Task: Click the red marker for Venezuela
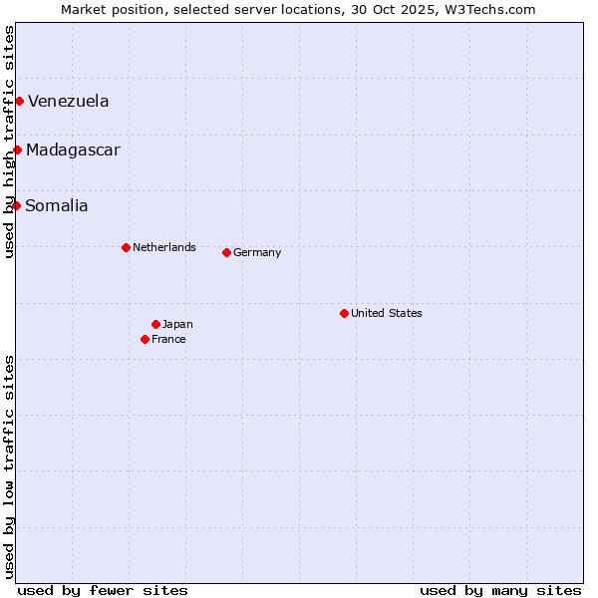[x=19, y=101]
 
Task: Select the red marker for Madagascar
[x=17, y=149]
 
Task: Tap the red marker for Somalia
[x=16, y=205]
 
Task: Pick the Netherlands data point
[x=126, y=247]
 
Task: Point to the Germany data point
[x=226, y=252]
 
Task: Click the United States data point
[x=344, y=313]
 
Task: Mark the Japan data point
[x=155, y=324]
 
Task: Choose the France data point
[x=145, y=339]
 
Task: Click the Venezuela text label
[x=69, y=101]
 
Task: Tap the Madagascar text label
[x=73, y=149]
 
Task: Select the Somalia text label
[x=57, y=205]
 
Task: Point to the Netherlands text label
[x=164, y=247]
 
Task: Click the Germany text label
[x=257, y=252]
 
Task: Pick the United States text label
[x=387, y=313]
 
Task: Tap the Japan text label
[x=177, y=324]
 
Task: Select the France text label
[x=168, y=339]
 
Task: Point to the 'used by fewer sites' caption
[x=103, y=590]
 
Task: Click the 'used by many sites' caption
[x=500, y=590]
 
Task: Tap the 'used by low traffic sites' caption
[x=10, y=466]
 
